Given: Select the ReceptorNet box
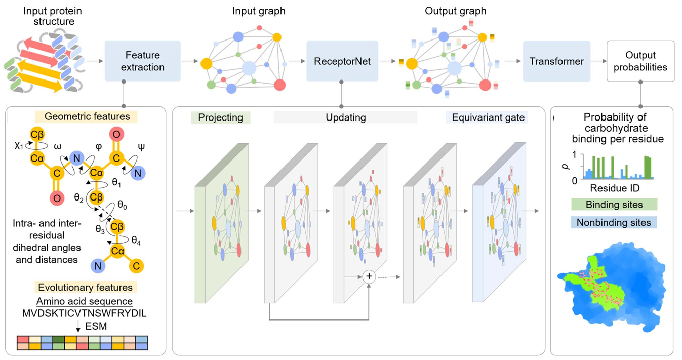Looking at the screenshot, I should [x=342, y=61].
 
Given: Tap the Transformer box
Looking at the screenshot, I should [x=556, y=61].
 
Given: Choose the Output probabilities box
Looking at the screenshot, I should [x=640, y=61].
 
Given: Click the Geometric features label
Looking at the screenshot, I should [x=87, y=117].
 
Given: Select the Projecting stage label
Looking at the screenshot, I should [x=220, y=117].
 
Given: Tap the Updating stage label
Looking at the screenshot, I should [x=345, y=117].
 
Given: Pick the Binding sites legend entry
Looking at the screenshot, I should [x=614, y=205].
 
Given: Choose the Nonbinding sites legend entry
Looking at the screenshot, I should [x=614, y=222].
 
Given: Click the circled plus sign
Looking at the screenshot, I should [x=369, y=276].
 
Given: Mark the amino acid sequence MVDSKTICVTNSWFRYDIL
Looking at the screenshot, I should [x=85, y=313].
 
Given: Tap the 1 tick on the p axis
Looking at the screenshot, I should [x=574, y=155].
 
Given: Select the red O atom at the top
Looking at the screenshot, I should [x=116, y=134].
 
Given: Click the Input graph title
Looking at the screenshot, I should [x=259, y=11].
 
